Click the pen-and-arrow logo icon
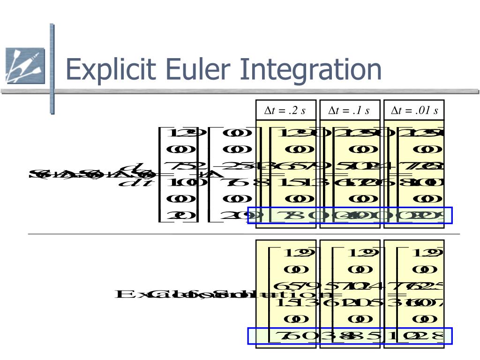coord(25,66)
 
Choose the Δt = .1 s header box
coord(349,111)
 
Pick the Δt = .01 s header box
coord(414,111)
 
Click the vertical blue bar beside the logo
coord(52,68)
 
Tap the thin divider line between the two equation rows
coord(244,233)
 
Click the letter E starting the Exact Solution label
coord(125,294)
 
